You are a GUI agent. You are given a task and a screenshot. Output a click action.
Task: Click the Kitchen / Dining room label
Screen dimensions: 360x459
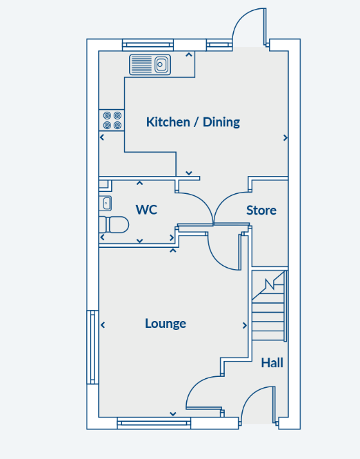click(x=193, y=122)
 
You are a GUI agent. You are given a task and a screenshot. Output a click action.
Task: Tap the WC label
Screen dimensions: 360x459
click(x=146, y=210)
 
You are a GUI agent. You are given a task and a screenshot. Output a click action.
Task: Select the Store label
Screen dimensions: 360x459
click(x=261, y=211)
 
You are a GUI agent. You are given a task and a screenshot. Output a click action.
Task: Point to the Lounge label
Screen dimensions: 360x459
click(x=166, y=324)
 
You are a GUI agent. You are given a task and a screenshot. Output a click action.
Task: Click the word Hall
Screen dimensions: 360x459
click(x=272, y=362)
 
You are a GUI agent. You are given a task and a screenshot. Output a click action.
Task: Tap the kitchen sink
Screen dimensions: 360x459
click(x=150, y=65)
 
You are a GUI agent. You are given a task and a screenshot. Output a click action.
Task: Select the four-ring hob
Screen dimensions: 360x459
click(x=112, y=120)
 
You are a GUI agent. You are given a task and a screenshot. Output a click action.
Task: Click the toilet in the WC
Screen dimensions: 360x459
click(x=114, y=224)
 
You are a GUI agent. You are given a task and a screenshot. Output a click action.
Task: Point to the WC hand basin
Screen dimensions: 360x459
click(x=106, y=203)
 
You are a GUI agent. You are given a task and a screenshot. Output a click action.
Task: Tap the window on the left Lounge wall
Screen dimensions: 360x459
click(x=92, y=347)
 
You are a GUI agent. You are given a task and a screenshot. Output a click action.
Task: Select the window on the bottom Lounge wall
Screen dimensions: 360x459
click(x=154, y=423)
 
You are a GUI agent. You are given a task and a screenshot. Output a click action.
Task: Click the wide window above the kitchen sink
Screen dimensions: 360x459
click(x=148, y=45)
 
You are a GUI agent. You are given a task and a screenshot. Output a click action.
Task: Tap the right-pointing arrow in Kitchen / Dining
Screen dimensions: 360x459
click(x=285, y=137)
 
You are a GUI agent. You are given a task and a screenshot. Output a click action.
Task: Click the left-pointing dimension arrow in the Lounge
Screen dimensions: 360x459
click(x=103, y=324)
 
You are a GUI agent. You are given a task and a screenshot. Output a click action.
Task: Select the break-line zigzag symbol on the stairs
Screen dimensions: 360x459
click(x=270, y=284)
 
